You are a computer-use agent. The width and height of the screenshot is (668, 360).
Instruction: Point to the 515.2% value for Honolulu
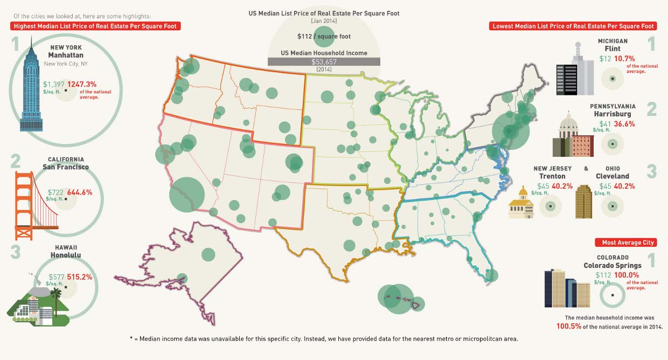click(x=80, y=277)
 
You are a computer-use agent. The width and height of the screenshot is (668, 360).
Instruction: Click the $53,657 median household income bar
click(x=324, y=62)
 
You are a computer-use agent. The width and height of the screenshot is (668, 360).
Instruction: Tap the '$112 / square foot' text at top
click(x=323, y=37)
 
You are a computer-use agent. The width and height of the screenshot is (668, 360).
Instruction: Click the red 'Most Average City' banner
click(x=625, y=243)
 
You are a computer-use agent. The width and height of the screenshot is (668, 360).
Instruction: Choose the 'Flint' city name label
click(x=613, y=49)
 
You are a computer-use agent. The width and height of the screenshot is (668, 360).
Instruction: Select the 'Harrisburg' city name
click(x=613, y=114)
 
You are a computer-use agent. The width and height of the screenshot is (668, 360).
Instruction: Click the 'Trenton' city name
click(x=552, y=176)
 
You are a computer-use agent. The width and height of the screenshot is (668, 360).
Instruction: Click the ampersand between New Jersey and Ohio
click(x=586, y=169)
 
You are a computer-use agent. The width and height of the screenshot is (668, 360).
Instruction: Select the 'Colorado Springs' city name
click(x=613, y=265)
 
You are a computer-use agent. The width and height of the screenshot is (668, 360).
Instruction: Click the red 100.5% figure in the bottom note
click(x=570, y=327)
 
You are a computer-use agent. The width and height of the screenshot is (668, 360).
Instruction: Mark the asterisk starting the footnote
click(x=131, y=338)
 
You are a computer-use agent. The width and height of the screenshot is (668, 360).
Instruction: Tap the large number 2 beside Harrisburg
click(x=652, y=109)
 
